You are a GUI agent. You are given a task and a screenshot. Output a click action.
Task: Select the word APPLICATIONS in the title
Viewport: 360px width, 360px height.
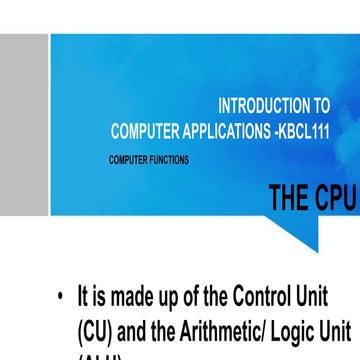point(229,129)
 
